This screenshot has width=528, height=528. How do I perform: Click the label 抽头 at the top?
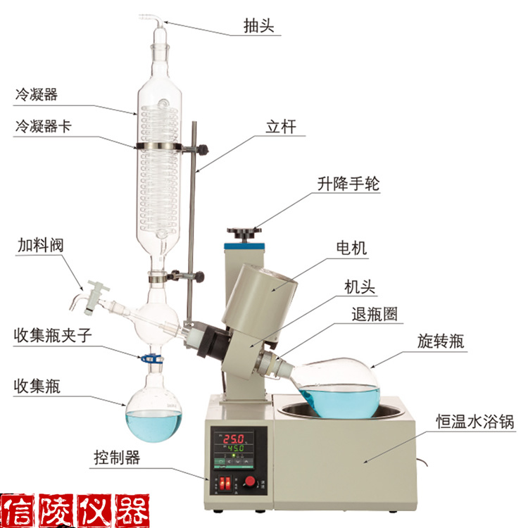coord(258,25)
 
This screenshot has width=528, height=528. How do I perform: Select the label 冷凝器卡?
coord(44,126)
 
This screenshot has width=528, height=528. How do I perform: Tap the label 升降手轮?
coord(348,183)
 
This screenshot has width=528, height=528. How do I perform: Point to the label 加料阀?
coord(40,245)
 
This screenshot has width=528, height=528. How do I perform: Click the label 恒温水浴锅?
coord(475,421)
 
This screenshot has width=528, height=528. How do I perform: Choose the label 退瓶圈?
coord(375,314)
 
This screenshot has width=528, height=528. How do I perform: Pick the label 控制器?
coord(117,458)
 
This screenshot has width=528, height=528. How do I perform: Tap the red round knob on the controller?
coord(250,481)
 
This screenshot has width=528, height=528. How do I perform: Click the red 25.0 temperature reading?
coord(234,439)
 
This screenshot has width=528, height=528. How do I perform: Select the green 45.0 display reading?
coord(236,448)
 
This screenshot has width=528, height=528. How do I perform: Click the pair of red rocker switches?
coord(225,483)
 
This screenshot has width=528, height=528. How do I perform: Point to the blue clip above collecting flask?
coord(151,358)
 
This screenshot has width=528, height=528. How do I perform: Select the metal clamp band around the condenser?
coord(158,146)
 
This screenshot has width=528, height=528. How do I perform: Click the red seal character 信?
coord(18,510)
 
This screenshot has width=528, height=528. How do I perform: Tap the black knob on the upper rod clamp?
coord(203,149)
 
